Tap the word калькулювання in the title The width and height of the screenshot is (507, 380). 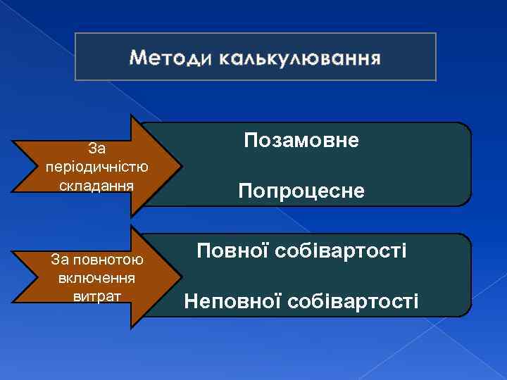point(299,57)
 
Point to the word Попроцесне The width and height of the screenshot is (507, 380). point(301,191)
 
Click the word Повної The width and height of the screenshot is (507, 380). point(227,251)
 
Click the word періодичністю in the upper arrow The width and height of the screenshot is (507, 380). point(96,167)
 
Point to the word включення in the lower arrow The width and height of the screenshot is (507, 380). point(97,277)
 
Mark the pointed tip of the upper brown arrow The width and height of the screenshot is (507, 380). point(183,165)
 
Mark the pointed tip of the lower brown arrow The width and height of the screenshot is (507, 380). point(183,277)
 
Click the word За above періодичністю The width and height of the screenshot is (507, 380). point(96,148)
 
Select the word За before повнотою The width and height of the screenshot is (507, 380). point(60,260)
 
